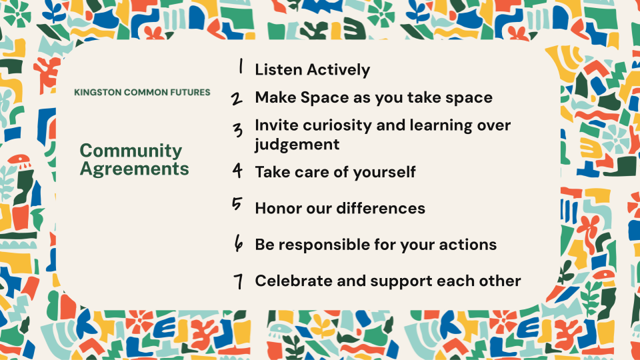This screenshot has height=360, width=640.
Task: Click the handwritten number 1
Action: [241, 66]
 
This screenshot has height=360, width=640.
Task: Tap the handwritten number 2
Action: [236, 99]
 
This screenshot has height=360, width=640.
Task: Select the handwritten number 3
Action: [237, 130]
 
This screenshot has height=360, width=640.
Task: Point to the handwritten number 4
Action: [237, 170]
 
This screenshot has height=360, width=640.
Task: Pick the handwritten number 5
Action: [237, 204]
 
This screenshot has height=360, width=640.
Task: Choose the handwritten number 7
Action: [239, 281]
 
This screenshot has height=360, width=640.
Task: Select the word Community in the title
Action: [131, 151]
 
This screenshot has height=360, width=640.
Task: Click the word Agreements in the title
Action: [134, 169]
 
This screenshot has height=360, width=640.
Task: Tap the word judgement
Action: [297, 145]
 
